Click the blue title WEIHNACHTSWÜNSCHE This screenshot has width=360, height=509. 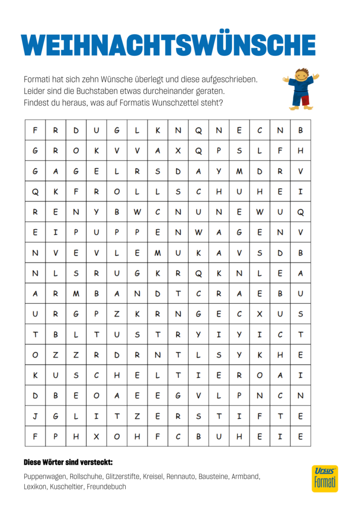[x=169, y=45]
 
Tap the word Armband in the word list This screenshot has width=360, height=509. [x=244, y=476]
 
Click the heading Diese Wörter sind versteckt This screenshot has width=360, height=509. [x=68, y=463]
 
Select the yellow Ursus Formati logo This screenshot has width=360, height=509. [x=324, y=479]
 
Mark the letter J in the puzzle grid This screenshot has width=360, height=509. [x=35, y=416]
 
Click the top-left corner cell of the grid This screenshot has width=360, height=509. [x=35, y=130]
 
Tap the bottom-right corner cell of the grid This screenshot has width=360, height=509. [x=300, y=436]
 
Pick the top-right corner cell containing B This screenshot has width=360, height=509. [x=300, y=130]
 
